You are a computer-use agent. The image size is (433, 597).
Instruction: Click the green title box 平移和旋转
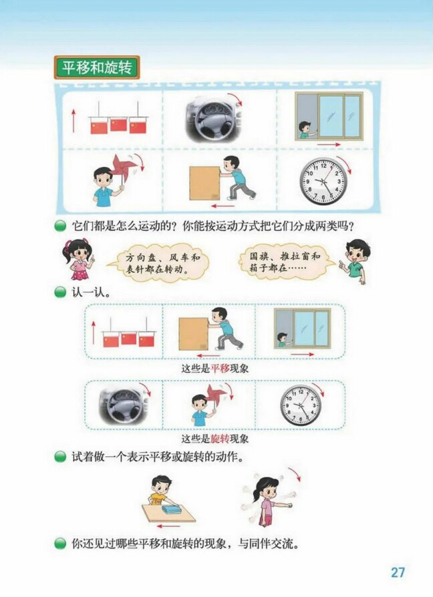(96, 67)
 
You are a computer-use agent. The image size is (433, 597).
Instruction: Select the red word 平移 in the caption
(220, 369)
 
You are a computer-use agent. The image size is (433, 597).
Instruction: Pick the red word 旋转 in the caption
(220, 439)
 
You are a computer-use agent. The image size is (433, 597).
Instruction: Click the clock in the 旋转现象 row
(300, 405)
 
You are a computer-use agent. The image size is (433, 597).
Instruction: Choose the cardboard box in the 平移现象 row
(194, 334)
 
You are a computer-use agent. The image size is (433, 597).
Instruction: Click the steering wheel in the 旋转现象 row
(124, 405)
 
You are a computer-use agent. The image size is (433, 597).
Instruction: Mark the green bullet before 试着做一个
(60, 457)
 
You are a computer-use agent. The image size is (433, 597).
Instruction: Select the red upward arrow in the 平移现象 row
(94, 332)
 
